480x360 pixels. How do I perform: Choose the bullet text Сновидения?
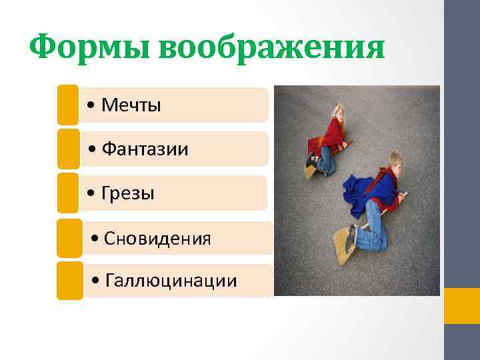[x=159, y=238]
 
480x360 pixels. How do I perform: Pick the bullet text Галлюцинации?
[x=171, y=281]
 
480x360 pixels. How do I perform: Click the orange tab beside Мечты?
[x=67, y=105]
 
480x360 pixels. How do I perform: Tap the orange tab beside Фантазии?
[x=67, y=148]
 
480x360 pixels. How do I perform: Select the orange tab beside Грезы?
[x=67, y=193]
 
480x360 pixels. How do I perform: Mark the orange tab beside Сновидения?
[x=69, y=238]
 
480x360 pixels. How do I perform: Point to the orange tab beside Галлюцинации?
[x=69, y=281]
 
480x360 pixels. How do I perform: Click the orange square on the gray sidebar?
[x=461, y=306]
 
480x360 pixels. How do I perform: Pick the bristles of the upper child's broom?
[x=310, y=172]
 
